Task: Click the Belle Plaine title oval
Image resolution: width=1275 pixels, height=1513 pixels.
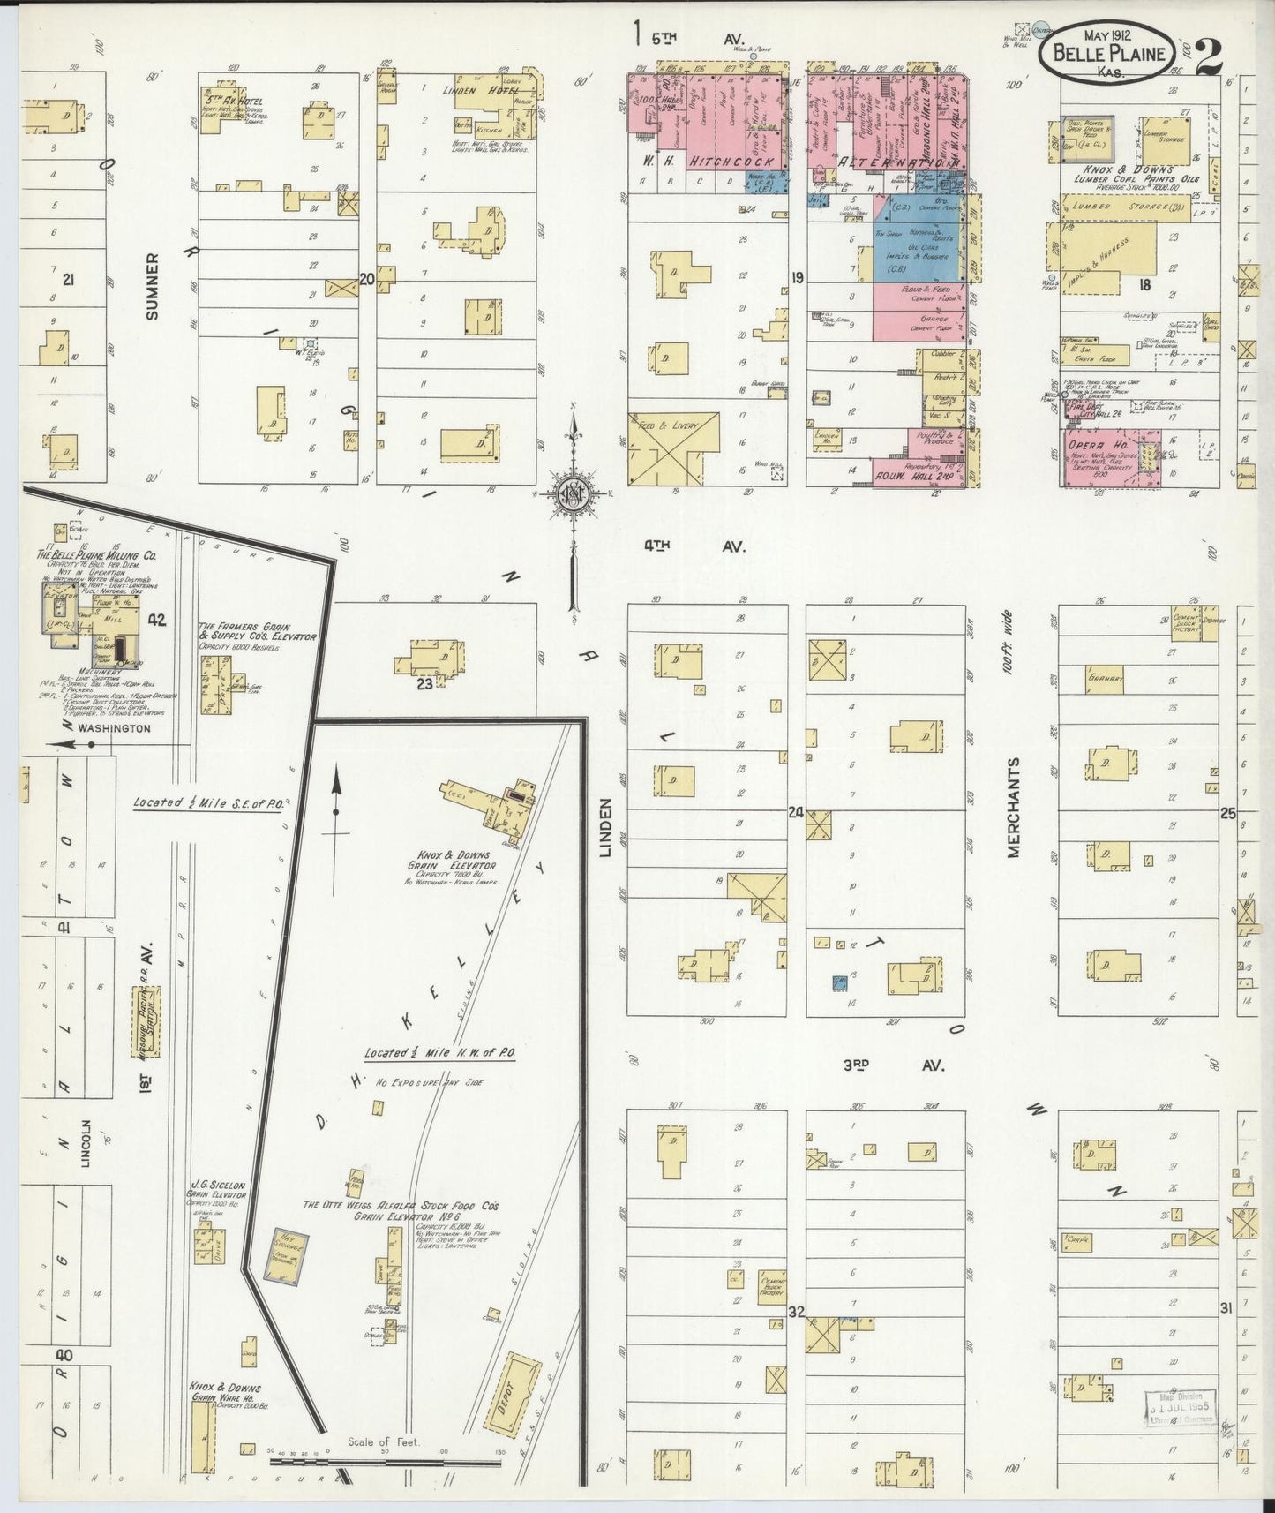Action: click(x=1107, y=54)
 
